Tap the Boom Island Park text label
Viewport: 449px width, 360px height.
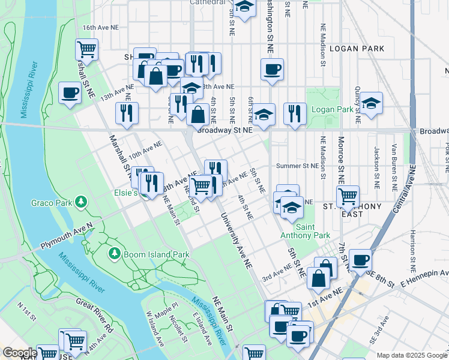[x=156, y=254]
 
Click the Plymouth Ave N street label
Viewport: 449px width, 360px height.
[x=66, y=236]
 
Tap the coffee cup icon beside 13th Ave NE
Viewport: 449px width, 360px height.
[x=70, y=93]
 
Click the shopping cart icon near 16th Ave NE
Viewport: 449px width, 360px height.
[x=86, y=49]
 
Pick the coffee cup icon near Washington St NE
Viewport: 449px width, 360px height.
[x=272, y=69]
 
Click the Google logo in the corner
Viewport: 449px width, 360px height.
[x=19, y=353]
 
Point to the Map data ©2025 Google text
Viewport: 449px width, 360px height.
[x=411, y=355]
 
